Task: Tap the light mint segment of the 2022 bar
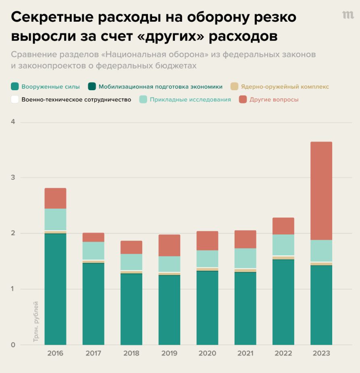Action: pos(283,245)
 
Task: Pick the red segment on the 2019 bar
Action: pos(169,245)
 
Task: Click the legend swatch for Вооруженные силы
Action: pos(15,86)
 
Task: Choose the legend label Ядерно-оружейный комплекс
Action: pos(285,87)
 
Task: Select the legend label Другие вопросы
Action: pos(274,99)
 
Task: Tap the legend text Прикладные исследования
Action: pos(190,99)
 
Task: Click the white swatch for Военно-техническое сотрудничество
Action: pos(15,99)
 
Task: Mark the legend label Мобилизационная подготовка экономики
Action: pos(160,87)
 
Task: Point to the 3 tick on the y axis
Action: pos(13,178)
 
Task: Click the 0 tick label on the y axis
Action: pos(13,345)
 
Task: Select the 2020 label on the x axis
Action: pos(207,353)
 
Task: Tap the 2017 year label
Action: pos(93,353)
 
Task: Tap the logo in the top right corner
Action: pos(348,15)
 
